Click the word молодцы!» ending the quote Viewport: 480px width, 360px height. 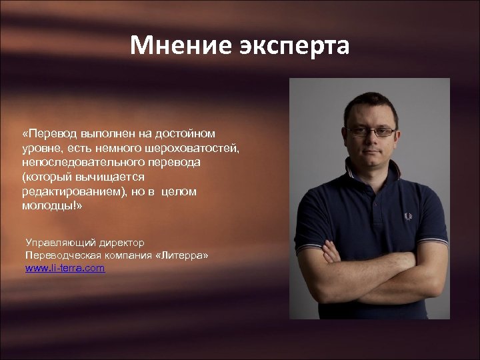(53, 205)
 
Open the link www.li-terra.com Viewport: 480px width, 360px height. (65, 269)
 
